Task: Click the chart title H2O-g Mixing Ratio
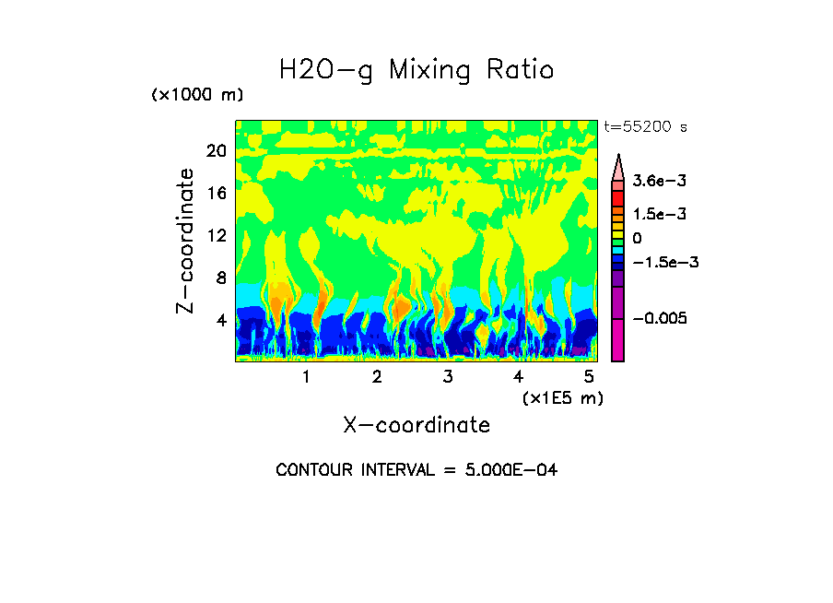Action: click(x=416, y=70)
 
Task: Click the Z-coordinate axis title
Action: click(x=187, y=241)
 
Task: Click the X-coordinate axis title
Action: click(x=416, y=425)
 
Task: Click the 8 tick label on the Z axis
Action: click(x=220, y=278)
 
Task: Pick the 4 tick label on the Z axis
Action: click(x=220, y=320)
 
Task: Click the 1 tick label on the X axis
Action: click(x=306, y=377)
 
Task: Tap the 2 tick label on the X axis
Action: click(x=377, y=377)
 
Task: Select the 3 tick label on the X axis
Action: click(x=448, y=377)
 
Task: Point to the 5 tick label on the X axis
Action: click(x=589, y=377)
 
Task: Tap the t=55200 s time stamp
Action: click(x=645, y=127)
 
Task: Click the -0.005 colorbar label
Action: click(x=655, y=318)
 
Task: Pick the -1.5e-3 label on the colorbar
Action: click(x=659, y=262)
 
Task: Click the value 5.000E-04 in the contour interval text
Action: click(x=502, y=470)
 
